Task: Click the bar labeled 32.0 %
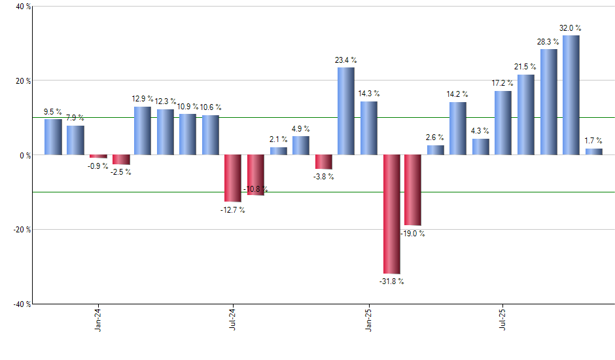[571, 95]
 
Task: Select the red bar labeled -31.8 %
[391, 214]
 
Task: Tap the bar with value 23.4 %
[346, 111]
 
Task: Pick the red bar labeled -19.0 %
[413, 190]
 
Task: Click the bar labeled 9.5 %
[53, 137]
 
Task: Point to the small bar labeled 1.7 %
[593, 152]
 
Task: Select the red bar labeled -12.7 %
[233, 178]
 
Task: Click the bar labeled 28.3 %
[548, 102]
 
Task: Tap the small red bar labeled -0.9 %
[98, 156]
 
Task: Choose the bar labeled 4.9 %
[301, 145]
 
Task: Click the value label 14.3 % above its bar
[368, 94]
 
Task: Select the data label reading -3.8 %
[323, 177]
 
